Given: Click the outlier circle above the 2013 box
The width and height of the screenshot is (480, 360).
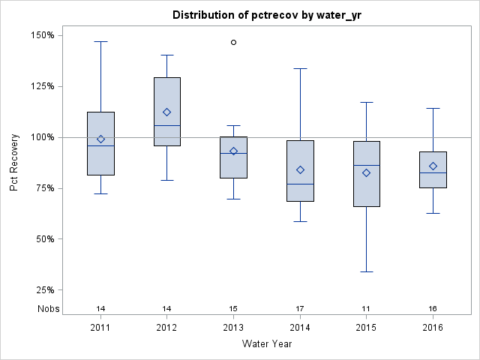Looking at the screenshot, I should point(233,42).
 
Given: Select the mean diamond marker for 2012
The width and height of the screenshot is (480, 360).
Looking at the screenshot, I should point(167,112).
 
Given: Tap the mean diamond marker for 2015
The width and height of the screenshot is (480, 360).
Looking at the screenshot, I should point(366,172).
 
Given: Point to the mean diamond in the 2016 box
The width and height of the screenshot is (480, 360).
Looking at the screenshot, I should point(433,166).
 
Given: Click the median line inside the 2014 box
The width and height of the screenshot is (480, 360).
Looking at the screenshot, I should point(300,184).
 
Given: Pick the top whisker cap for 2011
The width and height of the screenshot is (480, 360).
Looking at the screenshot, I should point(100,41).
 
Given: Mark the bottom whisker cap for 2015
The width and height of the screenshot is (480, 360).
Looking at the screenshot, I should point(366,271).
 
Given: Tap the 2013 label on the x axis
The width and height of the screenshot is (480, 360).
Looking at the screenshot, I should point(233,328).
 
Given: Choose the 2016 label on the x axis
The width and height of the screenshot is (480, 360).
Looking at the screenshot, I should point(433,328).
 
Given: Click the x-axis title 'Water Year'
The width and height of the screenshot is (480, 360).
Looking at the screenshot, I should point(266,344).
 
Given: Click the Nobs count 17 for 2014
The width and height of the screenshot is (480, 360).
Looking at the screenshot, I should point(300,309).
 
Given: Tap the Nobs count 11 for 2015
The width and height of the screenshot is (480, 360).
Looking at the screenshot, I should point(366,309).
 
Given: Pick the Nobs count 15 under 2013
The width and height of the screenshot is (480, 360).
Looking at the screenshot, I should point(233,309).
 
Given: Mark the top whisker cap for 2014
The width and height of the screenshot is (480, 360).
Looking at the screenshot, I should point(300,68).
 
